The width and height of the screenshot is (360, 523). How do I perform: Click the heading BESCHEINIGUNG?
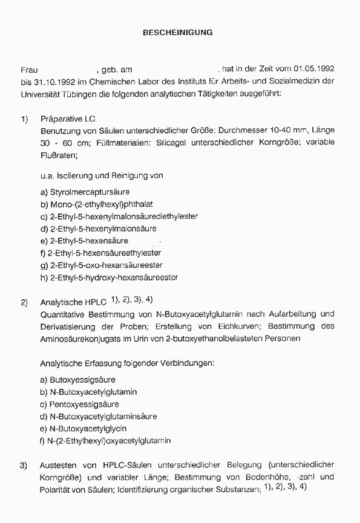click(x=177, y=33)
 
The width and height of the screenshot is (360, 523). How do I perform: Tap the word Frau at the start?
click(x=29, y=70)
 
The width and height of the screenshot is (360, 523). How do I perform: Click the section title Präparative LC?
click(x=68, y=119)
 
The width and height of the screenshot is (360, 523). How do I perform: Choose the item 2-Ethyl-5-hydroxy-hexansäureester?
click(x=113, y=277)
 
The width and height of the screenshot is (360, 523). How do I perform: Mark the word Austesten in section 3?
click(x=59, y=465)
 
